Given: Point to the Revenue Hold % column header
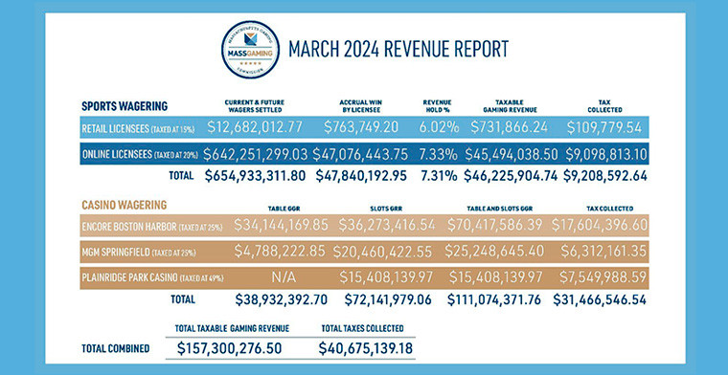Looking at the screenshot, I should [x=444, y=105].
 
